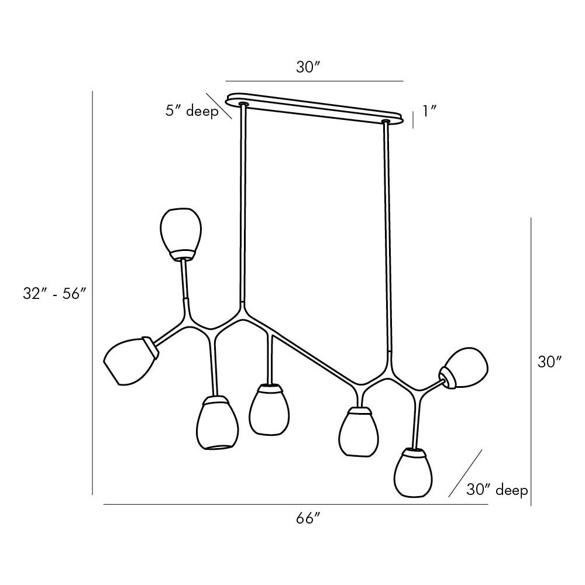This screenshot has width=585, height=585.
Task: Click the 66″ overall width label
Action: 308,518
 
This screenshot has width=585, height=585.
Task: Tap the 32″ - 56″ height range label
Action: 55,294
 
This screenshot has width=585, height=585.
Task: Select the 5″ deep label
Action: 192,111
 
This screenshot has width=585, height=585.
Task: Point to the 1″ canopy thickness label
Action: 429,111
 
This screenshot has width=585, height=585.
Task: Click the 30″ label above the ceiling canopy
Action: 308,67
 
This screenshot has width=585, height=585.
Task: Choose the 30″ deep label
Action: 497,490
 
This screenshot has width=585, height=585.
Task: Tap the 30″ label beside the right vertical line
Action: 550,362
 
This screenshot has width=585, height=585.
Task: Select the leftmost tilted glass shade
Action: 130,360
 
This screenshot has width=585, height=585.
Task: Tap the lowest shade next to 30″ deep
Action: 414,473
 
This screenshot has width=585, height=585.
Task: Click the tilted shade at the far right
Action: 464,367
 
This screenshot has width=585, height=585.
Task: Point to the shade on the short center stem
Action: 269,409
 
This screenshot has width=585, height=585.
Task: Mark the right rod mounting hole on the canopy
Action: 386,121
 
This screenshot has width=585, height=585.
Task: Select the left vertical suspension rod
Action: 243,204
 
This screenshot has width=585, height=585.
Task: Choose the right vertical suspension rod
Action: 387,237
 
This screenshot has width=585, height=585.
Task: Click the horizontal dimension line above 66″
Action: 295,504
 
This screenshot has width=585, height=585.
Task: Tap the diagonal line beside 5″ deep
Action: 219,106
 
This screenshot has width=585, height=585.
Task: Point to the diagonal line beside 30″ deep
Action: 465,473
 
